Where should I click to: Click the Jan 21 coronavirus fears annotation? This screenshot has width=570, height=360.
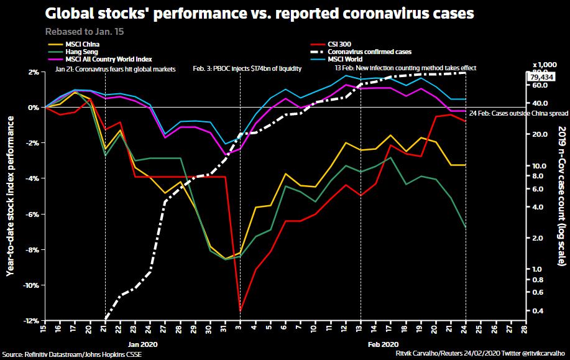pos(115,68)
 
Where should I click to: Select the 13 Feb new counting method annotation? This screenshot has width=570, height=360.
pos(405,67)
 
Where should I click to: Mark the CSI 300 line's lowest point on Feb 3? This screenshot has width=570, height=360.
pos(240,310)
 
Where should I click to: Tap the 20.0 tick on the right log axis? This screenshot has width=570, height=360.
pos(540,134)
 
